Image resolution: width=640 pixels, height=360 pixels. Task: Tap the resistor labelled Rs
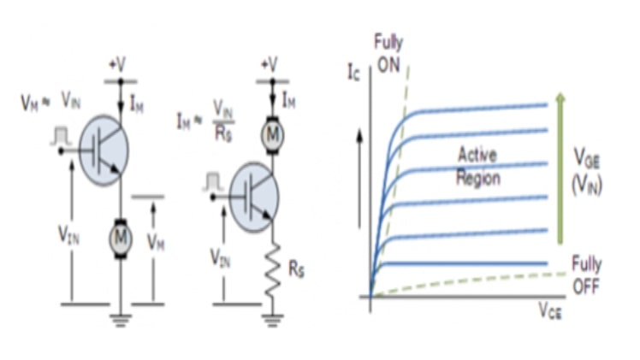272,272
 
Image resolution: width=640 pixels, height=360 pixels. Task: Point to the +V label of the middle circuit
270,65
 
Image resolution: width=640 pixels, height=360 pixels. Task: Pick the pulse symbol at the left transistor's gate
59,134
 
